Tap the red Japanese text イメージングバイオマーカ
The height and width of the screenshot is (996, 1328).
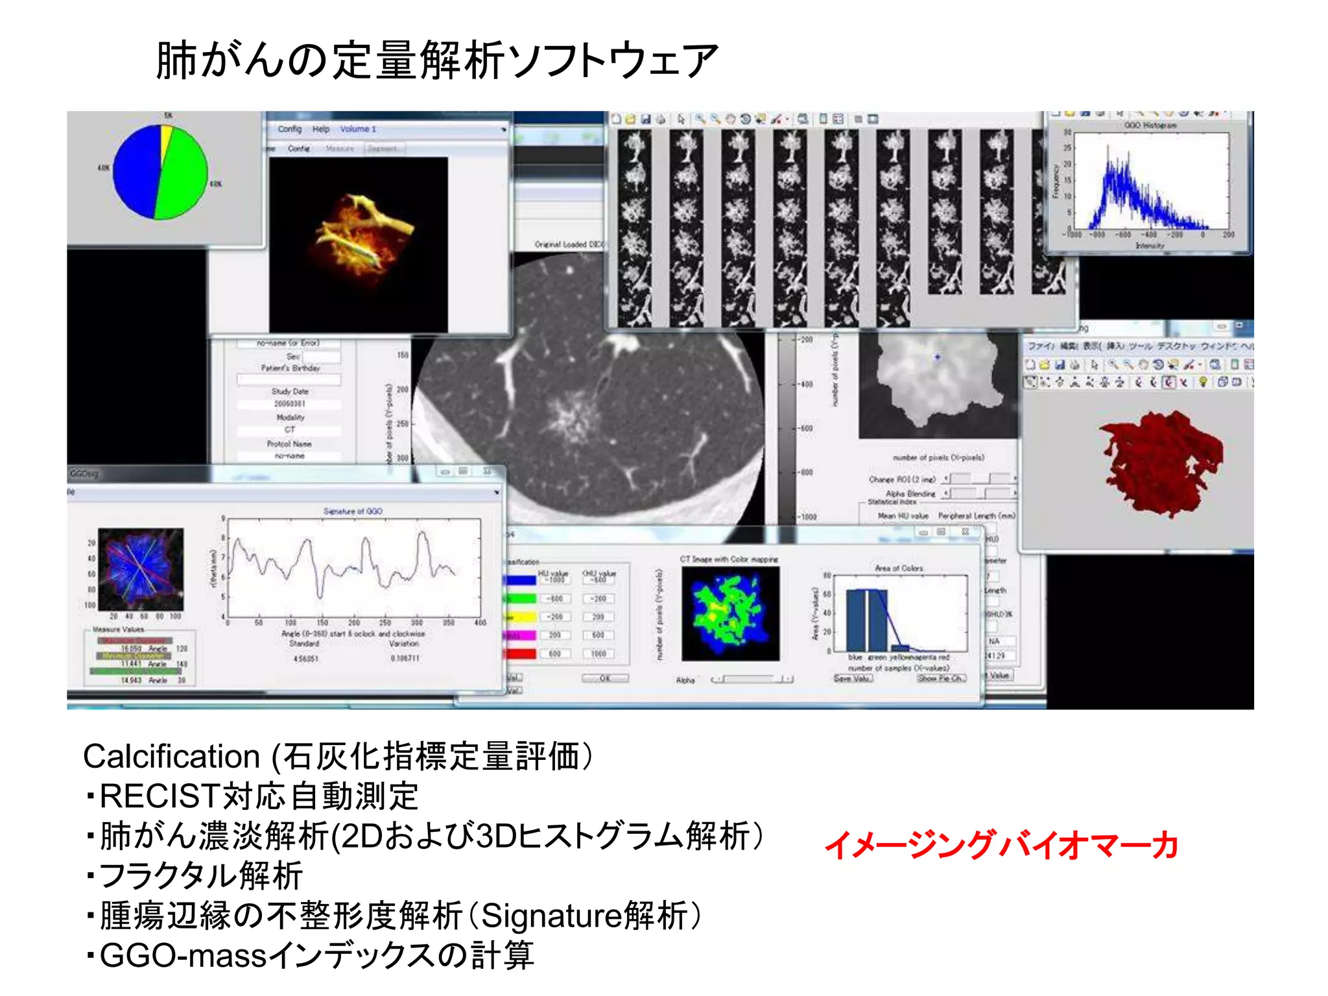pyautogui.click(x=1001, y=845)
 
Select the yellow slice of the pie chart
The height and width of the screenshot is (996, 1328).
pyautogui.click(x=167, y=138)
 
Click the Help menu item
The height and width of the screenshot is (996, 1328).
pyautogui.click(x=321, y=129)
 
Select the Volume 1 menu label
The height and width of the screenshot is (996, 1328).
pyautogui.click(x=358, y=129)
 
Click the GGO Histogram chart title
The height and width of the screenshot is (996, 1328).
pyautogui.click(x=1150, y=125)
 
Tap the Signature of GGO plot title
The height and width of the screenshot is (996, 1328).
pyautogui.click(x=353, y=511)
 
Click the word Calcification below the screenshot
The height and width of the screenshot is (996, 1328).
pyautogui.click(x=171, y=756)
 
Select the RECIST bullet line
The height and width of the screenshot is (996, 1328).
pyautogui.click(x=253, y=796)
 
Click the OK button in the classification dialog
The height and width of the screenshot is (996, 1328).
pyautogui.click(x=604, y=678)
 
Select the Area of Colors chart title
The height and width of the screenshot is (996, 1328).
pyautogui.click(x=899, y=568)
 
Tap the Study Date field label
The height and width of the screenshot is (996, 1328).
pyautogui.click(x=290, y=392)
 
